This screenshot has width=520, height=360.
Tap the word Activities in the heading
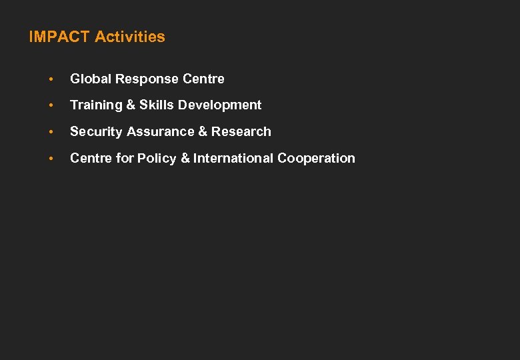[x=130, y=37]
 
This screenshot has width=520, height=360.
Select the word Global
[x=91, y=79]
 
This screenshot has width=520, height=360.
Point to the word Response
[x=148, y=79]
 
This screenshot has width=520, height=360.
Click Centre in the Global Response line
[x=205, y=79]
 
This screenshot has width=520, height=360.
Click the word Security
[x=96, y=132]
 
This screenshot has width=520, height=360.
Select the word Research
[x=241, y=131]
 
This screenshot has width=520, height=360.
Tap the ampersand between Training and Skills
[x=129, y=105]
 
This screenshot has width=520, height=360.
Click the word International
[x=233, y=158]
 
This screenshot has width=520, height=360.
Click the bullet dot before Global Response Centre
[x=50, y=79]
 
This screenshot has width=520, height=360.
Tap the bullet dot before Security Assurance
[x=50, y=132]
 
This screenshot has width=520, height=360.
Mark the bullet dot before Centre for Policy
[x=50, y=159]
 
